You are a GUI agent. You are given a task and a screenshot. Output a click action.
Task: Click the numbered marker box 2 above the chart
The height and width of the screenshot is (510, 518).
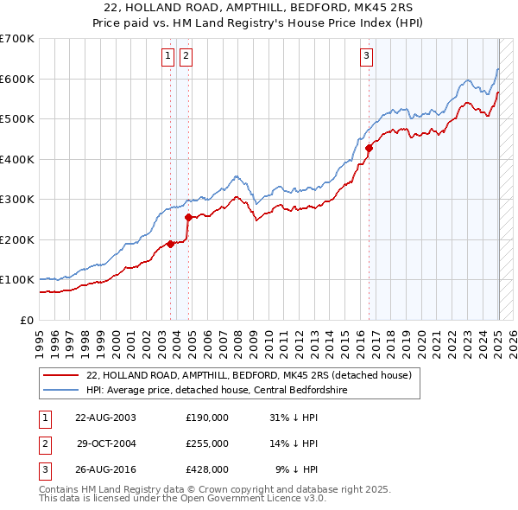click(186, 57)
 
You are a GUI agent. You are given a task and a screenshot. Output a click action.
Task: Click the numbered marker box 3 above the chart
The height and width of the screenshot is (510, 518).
click(366, 57)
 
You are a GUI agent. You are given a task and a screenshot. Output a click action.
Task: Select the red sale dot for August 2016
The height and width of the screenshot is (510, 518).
click(369, 148)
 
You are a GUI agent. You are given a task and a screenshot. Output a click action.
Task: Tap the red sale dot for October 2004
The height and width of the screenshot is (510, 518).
click(188, 217)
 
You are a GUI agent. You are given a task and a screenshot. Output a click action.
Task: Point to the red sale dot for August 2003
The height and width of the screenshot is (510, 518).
click(170, 244)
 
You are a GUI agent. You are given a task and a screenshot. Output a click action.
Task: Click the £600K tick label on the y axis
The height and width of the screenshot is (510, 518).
click(17, 79)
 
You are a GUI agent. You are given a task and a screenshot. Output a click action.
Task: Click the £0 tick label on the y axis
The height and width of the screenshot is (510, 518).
click(28, 320)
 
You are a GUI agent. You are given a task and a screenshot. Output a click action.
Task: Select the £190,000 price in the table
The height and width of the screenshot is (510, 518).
click(207, 418)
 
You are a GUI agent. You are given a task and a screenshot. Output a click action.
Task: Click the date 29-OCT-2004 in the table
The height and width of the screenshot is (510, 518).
click(105, 443)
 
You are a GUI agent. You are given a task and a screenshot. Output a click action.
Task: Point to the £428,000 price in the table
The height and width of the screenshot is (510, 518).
click(207, 469)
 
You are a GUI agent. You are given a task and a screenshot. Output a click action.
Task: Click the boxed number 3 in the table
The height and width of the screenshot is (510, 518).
click(43, 469)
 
